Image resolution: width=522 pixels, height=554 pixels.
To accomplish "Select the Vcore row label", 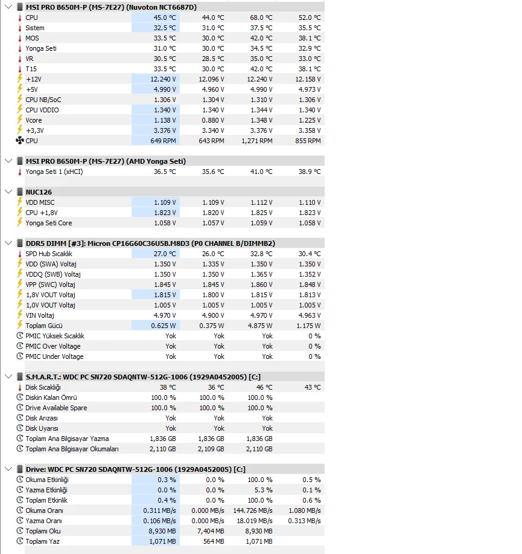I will (34, 120).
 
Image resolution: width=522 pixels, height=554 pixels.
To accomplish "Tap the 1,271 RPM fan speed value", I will (258, 141).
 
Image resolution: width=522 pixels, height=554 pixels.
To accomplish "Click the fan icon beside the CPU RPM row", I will (19, 141).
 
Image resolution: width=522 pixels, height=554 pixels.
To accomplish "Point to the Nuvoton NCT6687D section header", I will (110, 7).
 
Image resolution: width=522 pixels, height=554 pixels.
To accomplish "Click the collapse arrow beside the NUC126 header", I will (8, 192).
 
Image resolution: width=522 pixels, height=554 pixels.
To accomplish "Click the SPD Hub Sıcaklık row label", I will (49, 254).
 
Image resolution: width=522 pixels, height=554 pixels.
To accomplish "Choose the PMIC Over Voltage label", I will (53, 346).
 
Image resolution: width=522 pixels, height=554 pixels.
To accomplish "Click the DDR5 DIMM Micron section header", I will (150, 243).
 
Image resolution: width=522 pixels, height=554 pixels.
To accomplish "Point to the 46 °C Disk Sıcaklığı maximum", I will (264, 387).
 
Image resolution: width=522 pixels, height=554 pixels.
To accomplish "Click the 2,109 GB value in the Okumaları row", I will (211, 449).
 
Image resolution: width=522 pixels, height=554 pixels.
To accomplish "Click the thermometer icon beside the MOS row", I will (19, 38).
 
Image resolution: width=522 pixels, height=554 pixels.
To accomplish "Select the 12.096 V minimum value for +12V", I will (211, 79).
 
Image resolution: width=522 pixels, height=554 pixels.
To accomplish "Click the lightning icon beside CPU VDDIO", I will (19, 110).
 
